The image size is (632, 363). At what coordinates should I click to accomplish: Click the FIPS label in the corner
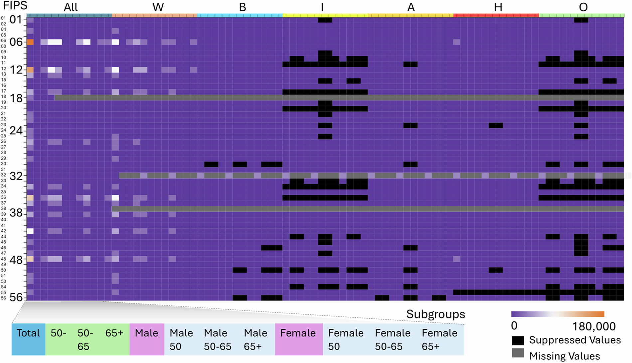[15, 6]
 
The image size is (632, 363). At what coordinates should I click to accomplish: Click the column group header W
[158, 7]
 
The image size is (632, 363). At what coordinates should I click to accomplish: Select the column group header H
[498, 7]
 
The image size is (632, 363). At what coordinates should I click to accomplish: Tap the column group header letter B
[242, 7]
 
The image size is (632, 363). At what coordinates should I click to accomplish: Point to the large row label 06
[16, 42]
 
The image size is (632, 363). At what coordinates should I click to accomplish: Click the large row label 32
[16, 176]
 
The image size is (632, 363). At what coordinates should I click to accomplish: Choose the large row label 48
[16, 260]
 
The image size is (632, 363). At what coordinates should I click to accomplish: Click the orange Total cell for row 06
[30, 42]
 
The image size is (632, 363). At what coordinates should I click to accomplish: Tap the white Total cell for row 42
[30, 231]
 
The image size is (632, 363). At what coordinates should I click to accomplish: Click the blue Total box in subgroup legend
[28, 339]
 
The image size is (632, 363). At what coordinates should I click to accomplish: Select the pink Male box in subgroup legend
[146, 339]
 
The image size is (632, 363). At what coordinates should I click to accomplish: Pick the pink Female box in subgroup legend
[298, 339]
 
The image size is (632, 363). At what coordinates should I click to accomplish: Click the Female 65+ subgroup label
[439, 339]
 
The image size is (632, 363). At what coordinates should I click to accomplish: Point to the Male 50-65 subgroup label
[217, 339]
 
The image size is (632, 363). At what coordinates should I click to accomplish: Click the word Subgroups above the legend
[435, 314]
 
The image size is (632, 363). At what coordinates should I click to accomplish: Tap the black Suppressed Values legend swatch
[518, 340]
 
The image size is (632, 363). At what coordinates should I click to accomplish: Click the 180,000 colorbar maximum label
[594, 326]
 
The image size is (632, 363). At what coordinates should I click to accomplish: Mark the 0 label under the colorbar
[514, 326]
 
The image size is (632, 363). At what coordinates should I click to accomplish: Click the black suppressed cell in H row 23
[496, 126]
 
